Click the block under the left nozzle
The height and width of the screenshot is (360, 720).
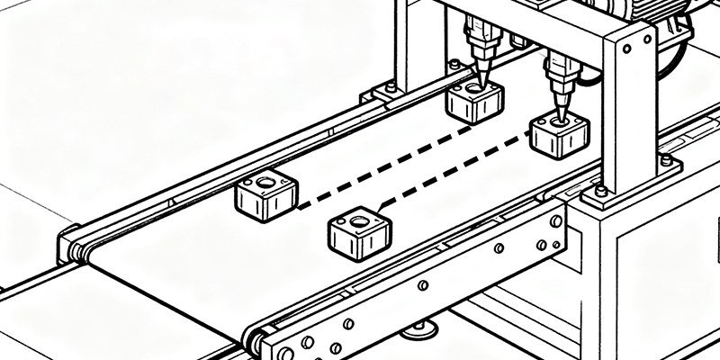tap(473, 103)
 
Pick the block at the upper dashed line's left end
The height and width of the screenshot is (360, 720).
tap(265, 195)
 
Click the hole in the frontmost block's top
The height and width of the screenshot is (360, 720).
tap(358, 220)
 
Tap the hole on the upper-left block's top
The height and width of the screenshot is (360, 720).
tap(265, 183)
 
